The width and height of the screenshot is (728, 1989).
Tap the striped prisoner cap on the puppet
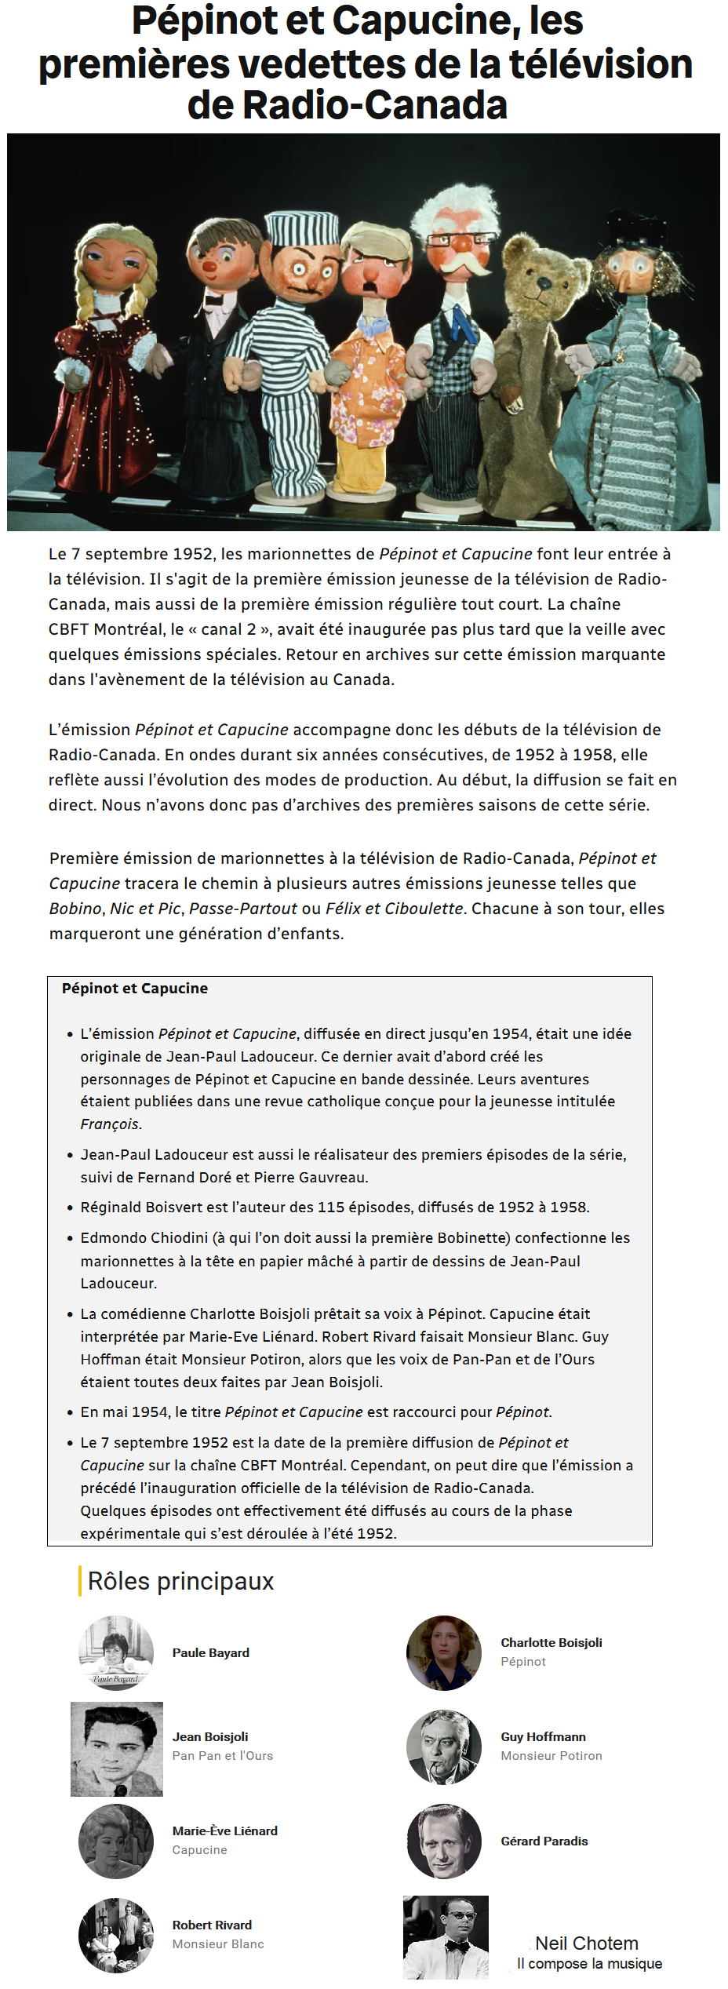(302, 228)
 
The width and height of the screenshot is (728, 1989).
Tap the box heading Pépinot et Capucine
(135, 989)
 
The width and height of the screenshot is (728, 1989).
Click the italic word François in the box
(110, 1124)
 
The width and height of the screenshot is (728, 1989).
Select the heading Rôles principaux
(180, 1581)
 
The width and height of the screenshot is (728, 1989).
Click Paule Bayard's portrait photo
(116, 1652)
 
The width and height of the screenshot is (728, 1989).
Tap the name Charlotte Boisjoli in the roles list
(551, 1642)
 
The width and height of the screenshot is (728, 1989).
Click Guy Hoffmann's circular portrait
(444, 1747)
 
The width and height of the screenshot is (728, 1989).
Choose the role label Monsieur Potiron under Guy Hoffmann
(551, 1756)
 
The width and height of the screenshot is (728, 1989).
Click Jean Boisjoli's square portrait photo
(117, 1749)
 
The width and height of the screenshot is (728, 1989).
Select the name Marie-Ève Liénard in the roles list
(225, 1831)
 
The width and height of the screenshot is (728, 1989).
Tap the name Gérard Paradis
(544, 1841)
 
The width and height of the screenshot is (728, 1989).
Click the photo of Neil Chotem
(446, 1936)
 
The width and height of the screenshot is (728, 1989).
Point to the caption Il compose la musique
(589, 1963)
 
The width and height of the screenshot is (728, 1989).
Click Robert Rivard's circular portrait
(116, 1935)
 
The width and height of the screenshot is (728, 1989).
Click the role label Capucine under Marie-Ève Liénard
(200, 1849)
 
